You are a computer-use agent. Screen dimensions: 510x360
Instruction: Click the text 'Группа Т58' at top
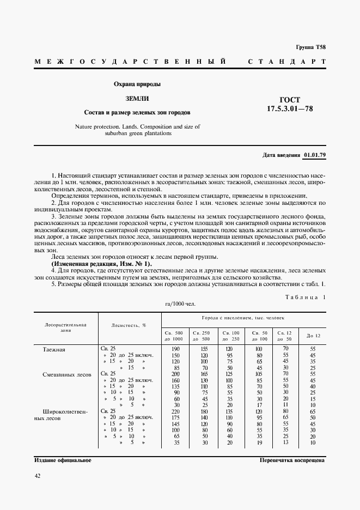(310, 47)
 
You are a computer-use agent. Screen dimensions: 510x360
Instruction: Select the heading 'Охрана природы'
(137, 84)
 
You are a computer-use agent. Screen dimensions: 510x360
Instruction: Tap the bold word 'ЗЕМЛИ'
(137, 99)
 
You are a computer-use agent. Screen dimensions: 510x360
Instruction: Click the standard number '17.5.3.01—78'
(290, 108)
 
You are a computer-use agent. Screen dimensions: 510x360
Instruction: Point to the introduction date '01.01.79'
(314, 155)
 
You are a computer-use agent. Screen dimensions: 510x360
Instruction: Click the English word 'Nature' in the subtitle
(86, 126)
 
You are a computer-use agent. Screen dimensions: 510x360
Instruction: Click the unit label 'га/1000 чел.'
(179, 304)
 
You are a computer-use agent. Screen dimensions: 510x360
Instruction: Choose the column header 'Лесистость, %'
(129, 325)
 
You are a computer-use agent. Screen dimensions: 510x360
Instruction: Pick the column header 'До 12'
(313, 335)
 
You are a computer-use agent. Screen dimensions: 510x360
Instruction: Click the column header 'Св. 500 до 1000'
(175, 336)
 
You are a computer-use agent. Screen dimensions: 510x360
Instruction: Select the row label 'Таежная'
(54, 349)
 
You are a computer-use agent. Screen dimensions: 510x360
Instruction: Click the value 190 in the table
(175, 349)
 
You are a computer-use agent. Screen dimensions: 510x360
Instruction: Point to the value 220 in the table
(175, 411)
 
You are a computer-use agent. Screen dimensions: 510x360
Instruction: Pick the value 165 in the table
(204, 374)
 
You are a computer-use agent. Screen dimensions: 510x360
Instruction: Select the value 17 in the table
(259, 405)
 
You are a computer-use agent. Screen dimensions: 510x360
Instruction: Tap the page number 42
(38, 476)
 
